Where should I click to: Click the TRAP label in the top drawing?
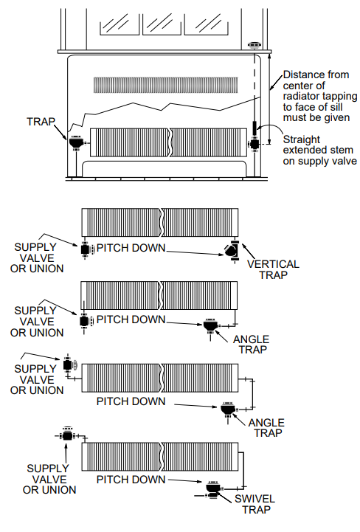click(41, 120)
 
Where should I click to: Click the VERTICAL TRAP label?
click(274, 269)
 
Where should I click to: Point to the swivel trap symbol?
click(214, 489)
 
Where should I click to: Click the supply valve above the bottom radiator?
click(68, 436)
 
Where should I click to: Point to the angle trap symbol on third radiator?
click(227, 407)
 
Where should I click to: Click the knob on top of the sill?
click(255, 45)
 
